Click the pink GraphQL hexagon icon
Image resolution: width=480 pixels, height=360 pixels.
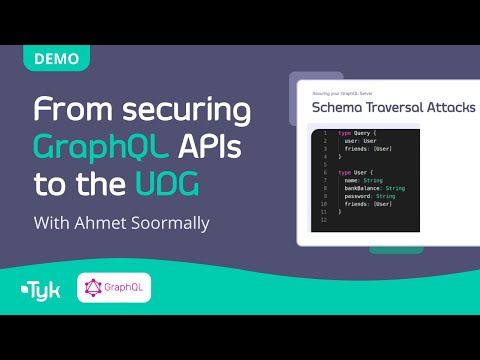(95, 290)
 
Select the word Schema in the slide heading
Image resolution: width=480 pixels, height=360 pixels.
(341, 107)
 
